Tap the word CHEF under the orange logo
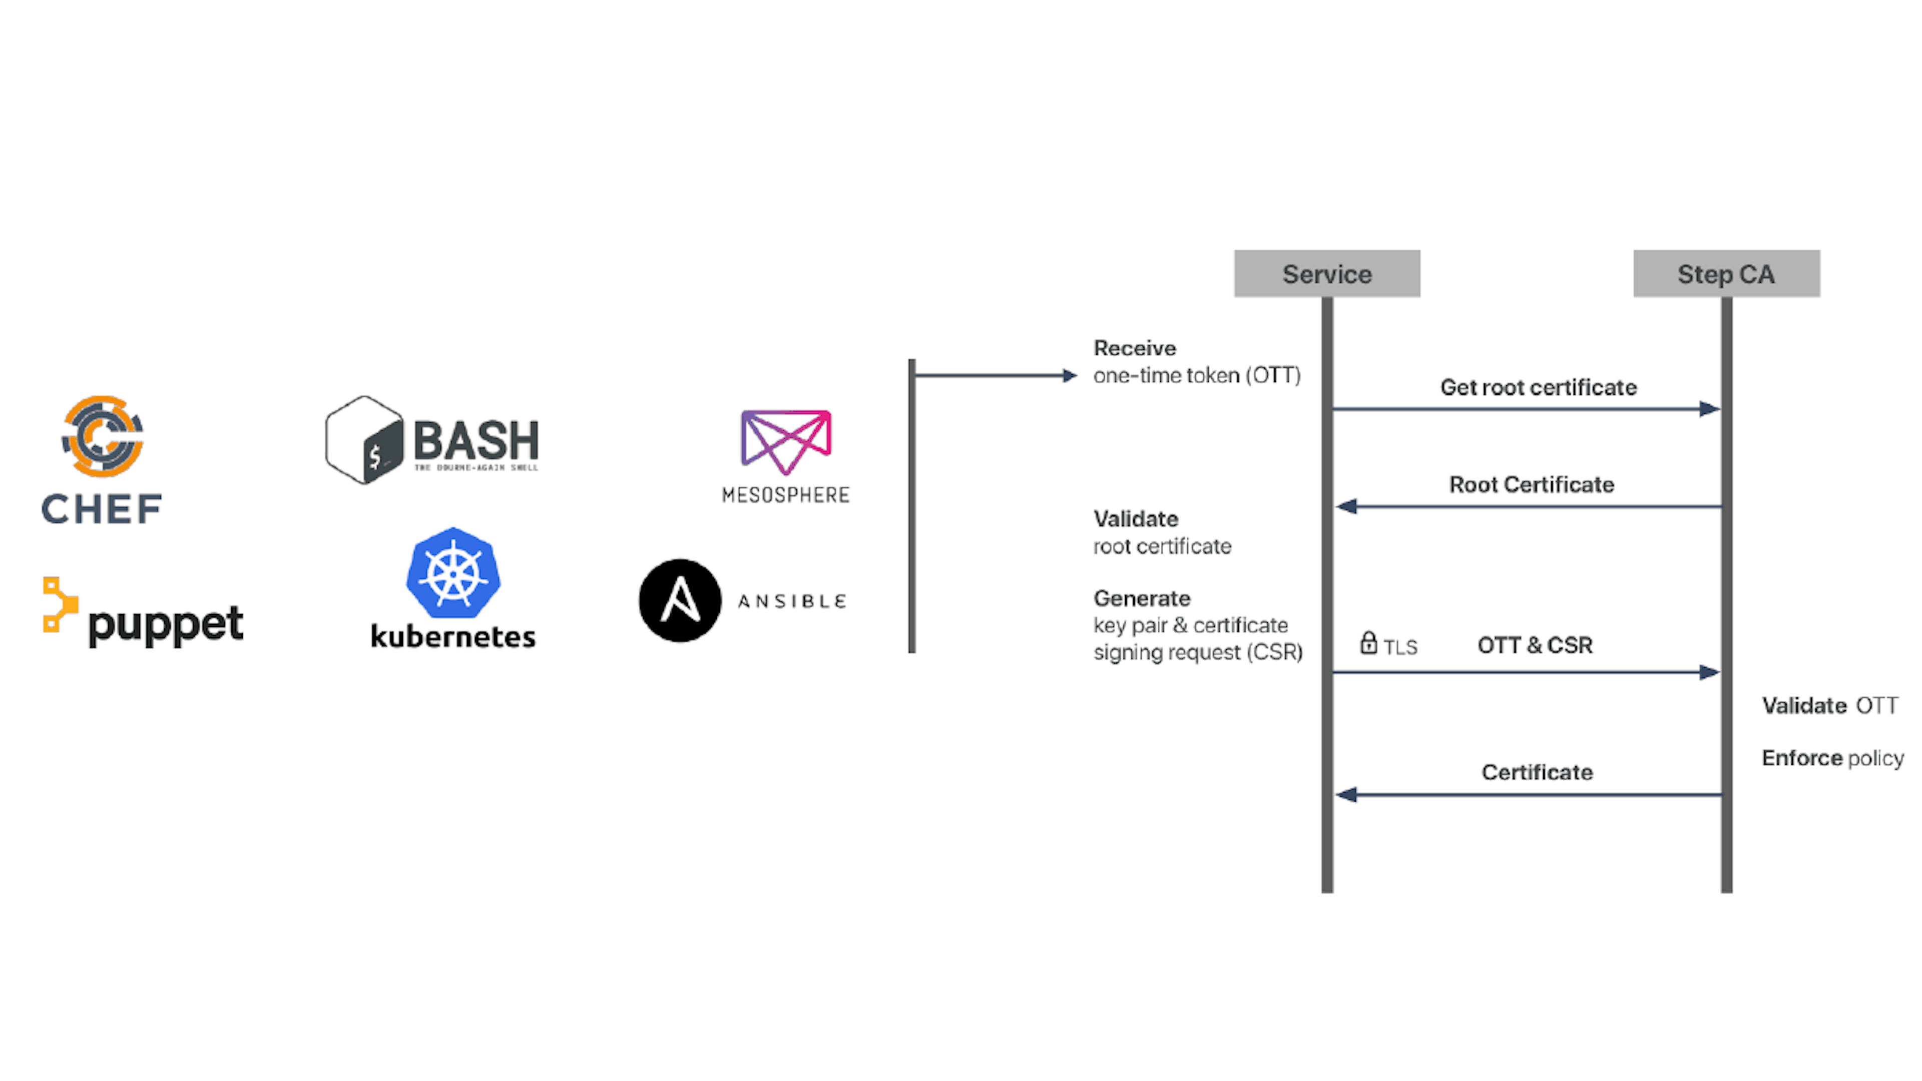click(x=102, y=509)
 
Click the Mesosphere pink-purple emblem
click(x=786, y=441)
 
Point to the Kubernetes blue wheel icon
click(x=453, y=573)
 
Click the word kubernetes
click(x=453, y=637)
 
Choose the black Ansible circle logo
click(x=680, y=601)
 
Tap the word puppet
click(x=166, y=625)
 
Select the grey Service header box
click(x=1326, y=274)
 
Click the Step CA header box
click(x=1726, y=274)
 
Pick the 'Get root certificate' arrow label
click(x=1538, y=387)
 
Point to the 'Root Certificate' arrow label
click(x=1531, y=485)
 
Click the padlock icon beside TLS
click(x=1367, y=643)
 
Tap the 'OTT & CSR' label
click(x=1535, y=645)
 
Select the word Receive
click(x=1134, y=348)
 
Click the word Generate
click(x=1142, y=599)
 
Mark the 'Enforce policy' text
click(x=1832, y=758)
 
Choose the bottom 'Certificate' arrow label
click(x=1537, y=772)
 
